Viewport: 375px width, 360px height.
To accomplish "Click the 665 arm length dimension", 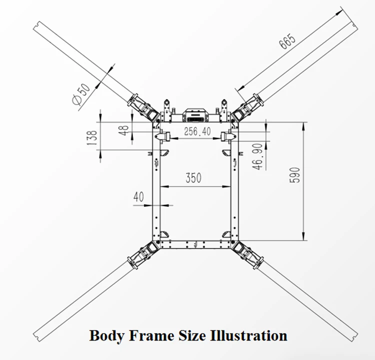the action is pos(287,41).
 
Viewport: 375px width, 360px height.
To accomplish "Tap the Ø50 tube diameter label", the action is pos(81,94).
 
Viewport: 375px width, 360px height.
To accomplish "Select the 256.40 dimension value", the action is pos(197,131).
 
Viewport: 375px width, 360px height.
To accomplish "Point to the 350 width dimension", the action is pos(193,177).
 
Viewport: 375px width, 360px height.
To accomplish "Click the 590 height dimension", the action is pos(294,175).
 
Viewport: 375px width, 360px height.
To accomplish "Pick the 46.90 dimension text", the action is pos(258,156).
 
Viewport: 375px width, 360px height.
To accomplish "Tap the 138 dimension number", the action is pos(92,138).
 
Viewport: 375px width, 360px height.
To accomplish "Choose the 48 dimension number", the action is pos(124,130).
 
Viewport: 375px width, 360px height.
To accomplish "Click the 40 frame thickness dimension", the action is pos(138,197).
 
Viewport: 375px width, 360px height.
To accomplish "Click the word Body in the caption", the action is pos(106,336).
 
